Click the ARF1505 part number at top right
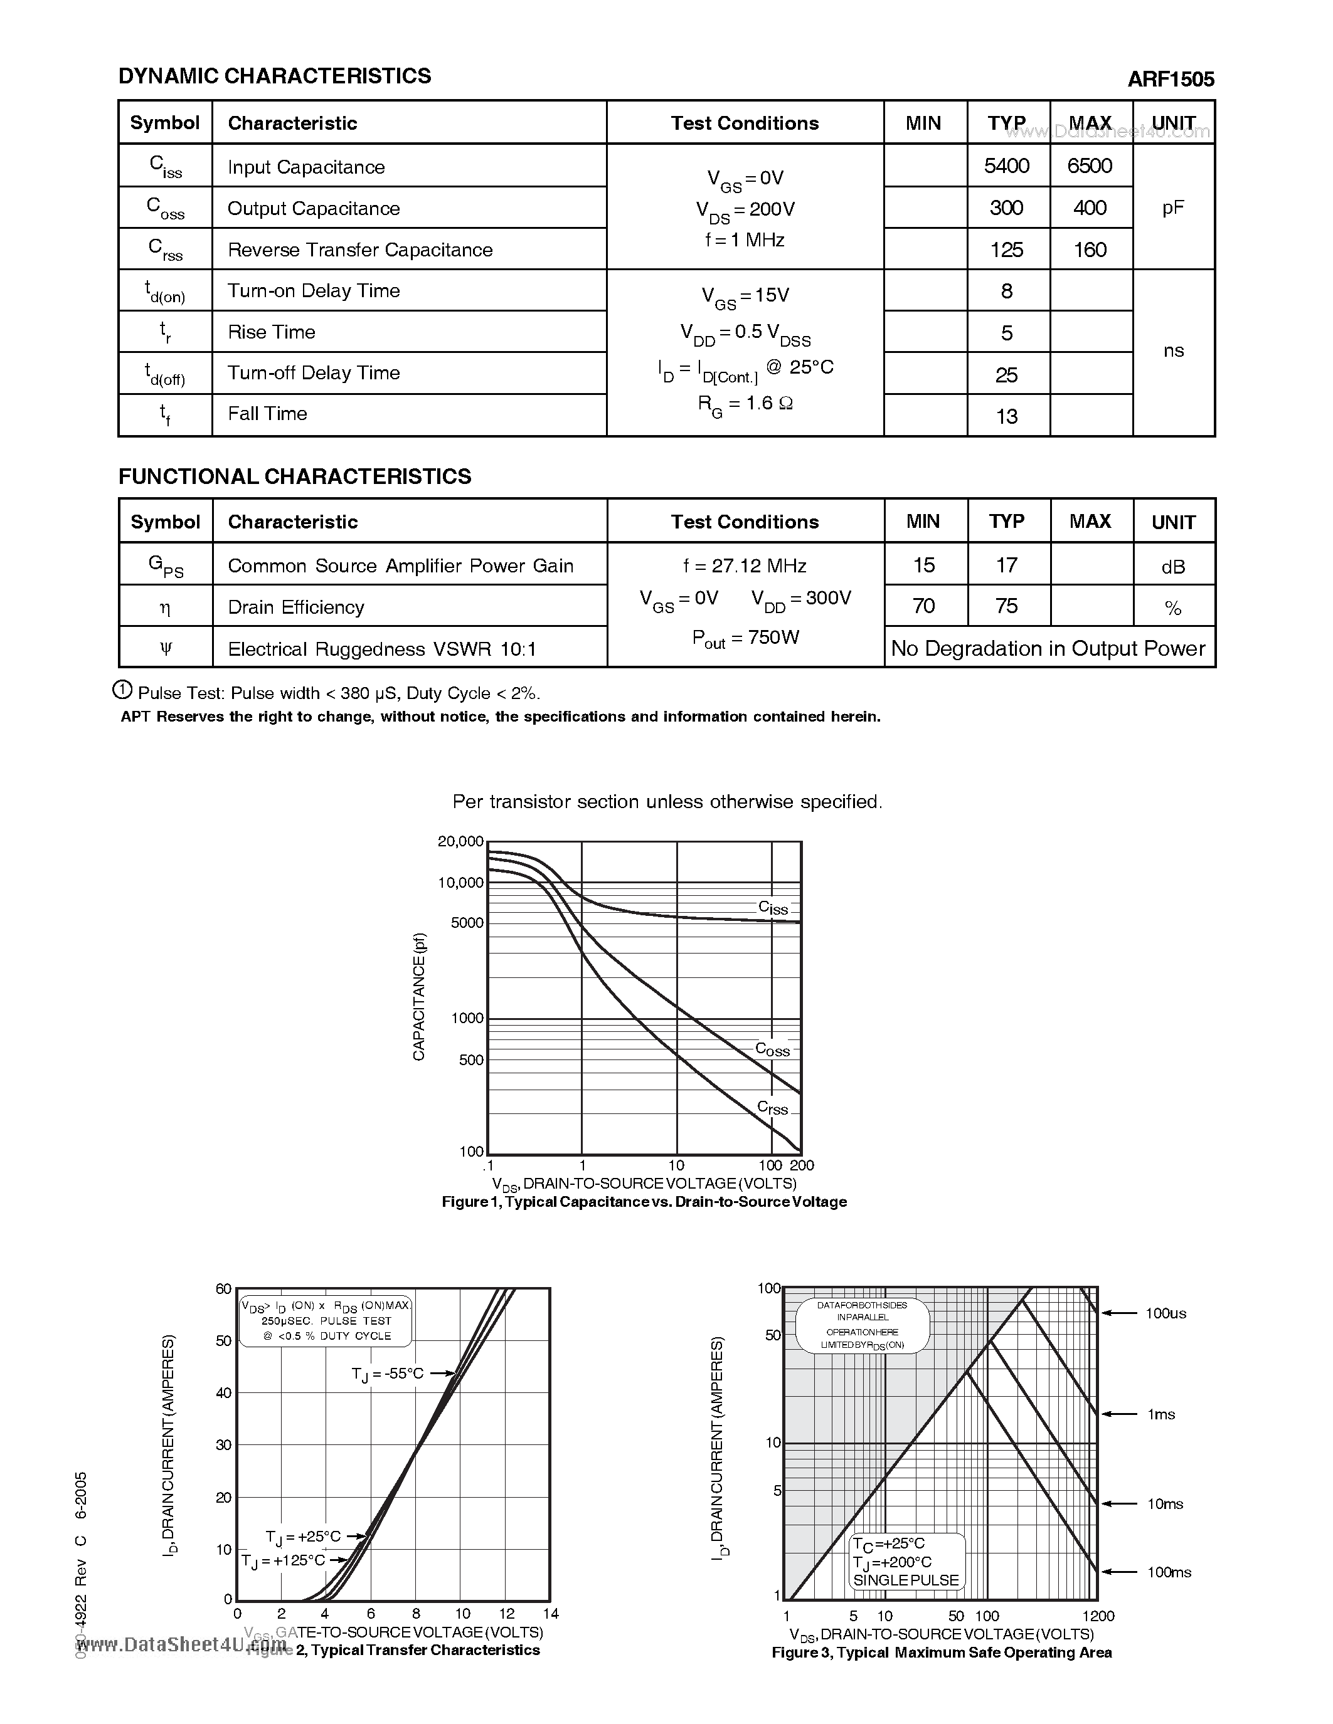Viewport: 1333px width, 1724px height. point(1171,79)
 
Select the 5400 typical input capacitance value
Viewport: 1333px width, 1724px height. point(1007,166)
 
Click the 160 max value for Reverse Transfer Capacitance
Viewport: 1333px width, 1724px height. point(1090,250)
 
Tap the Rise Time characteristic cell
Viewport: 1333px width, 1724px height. point(272,332)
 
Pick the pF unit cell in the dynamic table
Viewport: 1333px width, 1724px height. point(1172,208)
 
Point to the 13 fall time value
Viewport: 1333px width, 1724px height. point(1007,416)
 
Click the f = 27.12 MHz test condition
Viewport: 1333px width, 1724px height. point(745,566)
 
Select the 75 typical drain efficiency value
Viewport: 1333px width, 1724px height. point(1007,606)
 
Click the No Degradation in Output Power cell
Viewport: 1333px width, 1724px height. point(1048,649)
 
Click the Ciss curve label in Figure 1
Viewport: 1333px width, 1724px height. point(773,908)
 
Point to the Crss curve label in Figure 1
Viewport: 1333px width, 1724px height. point(772,1108)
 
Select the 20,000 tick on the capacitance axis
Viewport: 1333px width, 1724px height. point(460,841)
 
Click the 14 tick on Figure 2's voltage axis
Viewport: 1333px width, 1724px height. point(550,1614)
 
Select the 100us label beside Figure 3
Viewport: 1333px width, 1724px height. point(1166,1313)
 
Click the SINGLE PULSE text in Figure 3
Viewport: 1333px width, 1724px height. point(905,1580)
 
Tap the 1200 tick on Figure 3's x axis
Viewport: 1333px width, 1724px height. point(1098,1616)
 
